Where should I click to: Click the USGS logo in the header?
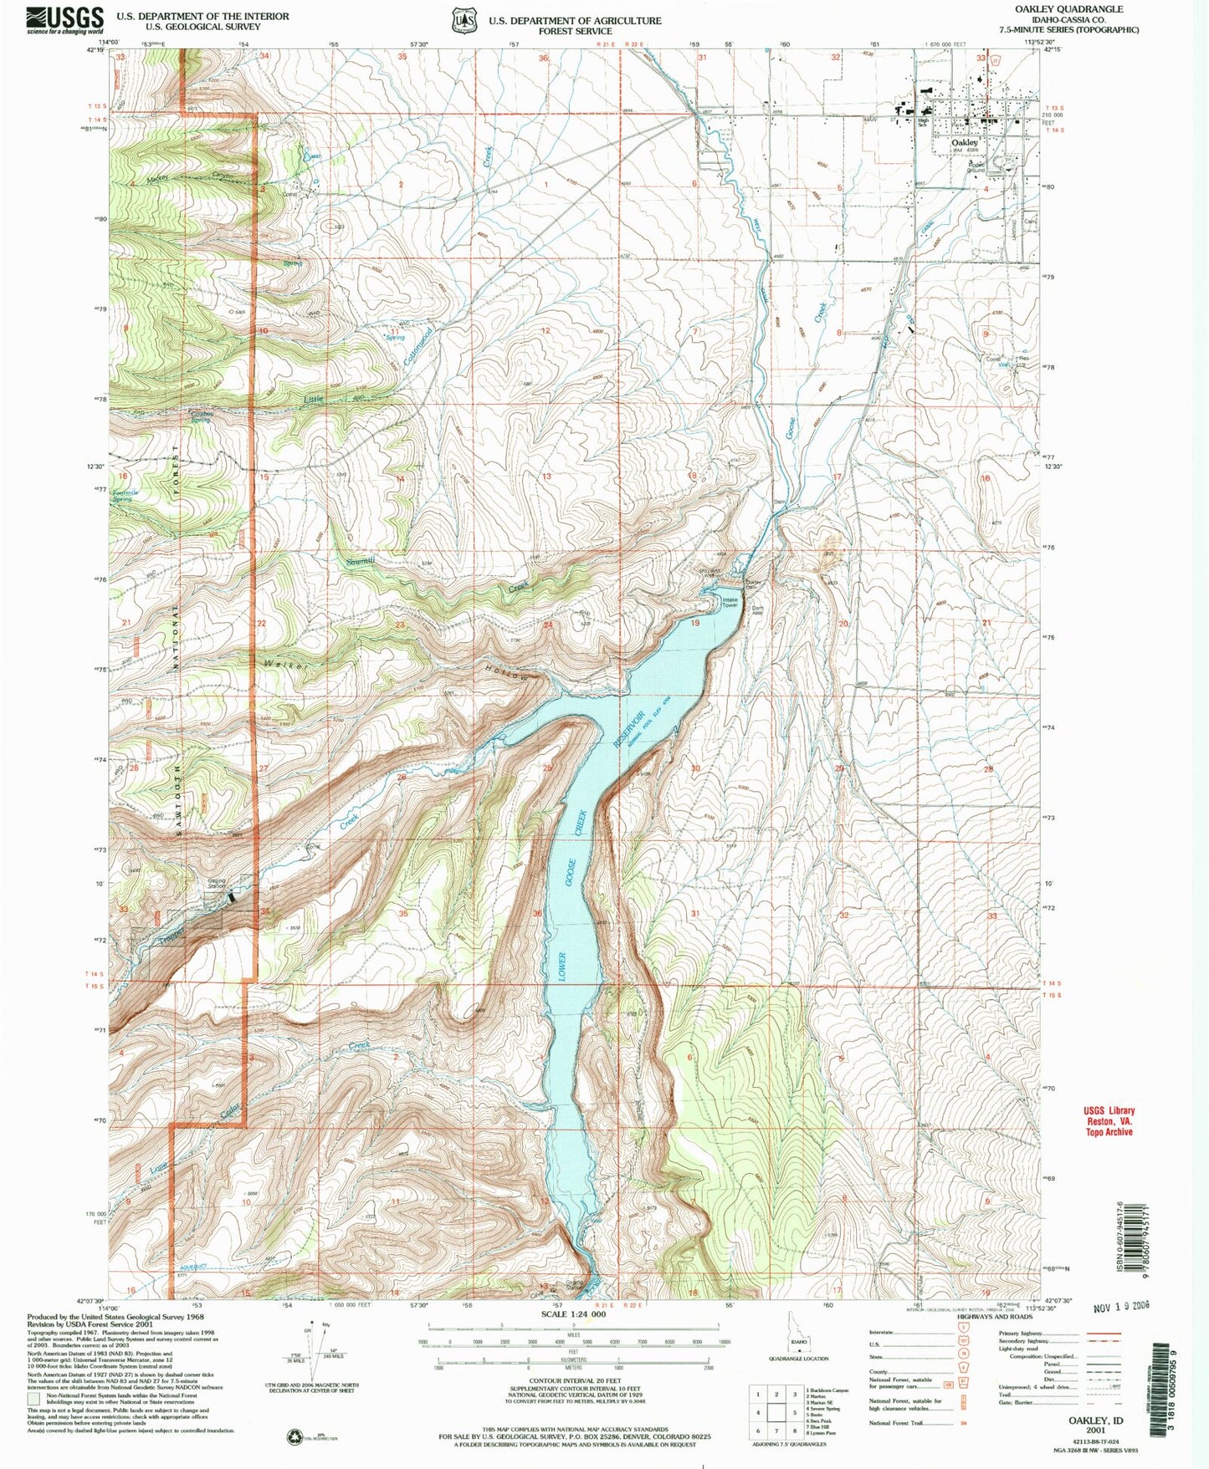pyautogui.click(x=65, y=18)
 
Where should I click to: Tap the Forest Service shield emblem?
pyautogui.click(x=462, y=20)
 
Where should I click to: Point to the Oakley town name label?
pyautogui.click(x=964, y=143)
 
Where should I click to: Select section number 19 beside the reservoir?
pyautogui.click(x=694, y=624)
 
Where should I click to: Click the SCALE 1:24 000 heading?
pyautogui.click(x=573, y=1315)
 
